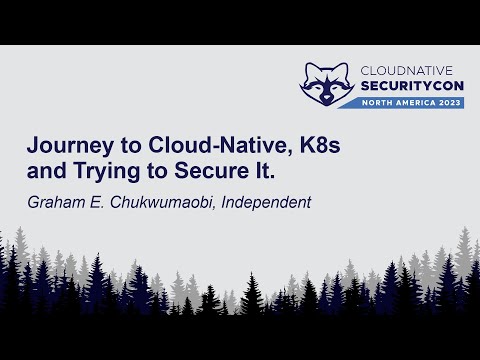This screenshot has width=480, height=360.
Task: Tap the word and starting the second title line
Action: coord(45,171)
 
